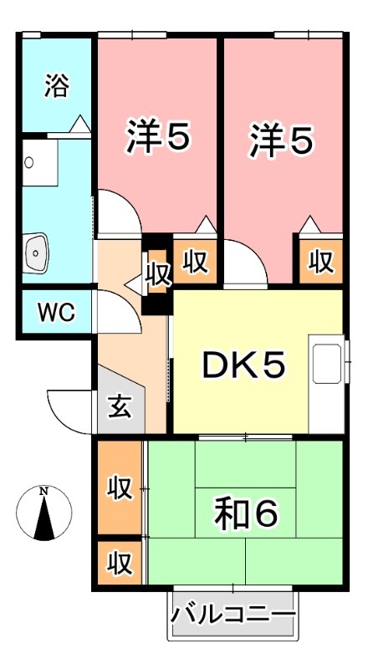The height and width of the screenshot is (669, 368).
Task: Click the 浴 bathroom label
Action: coord(57,87)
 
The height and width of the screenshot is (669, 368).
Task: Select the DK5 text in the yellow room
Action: coord(244,365)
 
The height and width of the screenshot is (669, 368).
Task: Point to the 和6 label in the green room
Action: coord(244,513)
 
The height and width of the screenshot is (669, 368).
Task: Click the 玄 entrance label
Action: coord(120,409)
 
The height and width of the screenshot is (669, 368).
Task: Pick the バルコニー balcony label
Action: coord(233,617)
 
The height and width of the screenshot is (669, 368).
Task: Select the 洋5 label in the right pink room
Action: coord(283,139)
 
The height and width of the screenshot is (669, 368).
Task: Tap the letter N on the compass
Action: coord(43,491)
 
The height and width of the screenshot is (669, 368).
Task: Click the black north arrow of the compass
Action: coord(43,518)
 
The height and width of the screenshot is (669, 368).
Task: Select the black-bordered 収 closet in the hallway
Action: coord(156,274)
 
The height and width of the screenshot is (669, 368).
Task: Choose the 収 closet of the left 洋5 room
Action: coord(195,261)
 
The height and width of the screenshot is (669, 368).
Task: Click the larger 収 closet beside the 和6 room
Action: coord(120,488)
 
